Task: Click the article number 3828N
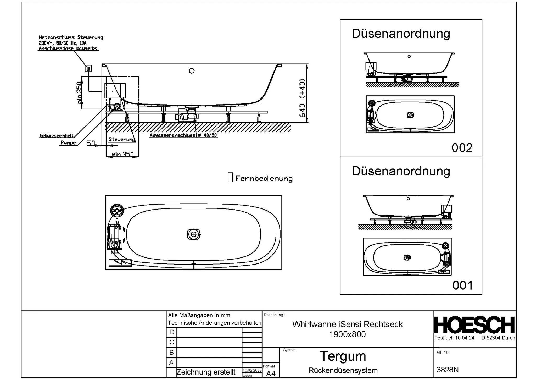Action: [448, 370]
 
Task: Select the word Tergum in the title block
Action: [343, 356]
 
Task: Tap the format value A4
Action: [271, 373]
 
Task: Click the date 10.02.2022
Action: [252, 370]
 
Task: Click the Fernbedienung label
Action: [264, 179]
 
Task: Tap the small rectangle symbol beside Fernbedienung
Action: [230, 177]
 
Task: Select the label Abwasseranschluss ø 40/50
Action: [183, 135]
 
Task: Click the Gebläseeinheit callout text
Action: [56, 136]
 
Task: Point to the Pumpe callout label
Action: [68, 143]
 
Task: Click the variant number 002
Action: [462, 148]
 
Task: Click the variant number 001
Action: [462, 285]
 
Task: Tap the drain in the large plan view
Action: [194, 234]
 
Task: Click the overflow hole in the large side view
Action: [192, 71]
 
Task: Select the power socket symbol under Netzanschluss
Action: [88, 68]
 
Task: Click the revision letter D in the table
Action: [172, 332]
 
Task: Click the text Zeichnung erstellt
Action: [206, 372]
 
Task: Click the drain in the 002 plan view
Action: [410, 115]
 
